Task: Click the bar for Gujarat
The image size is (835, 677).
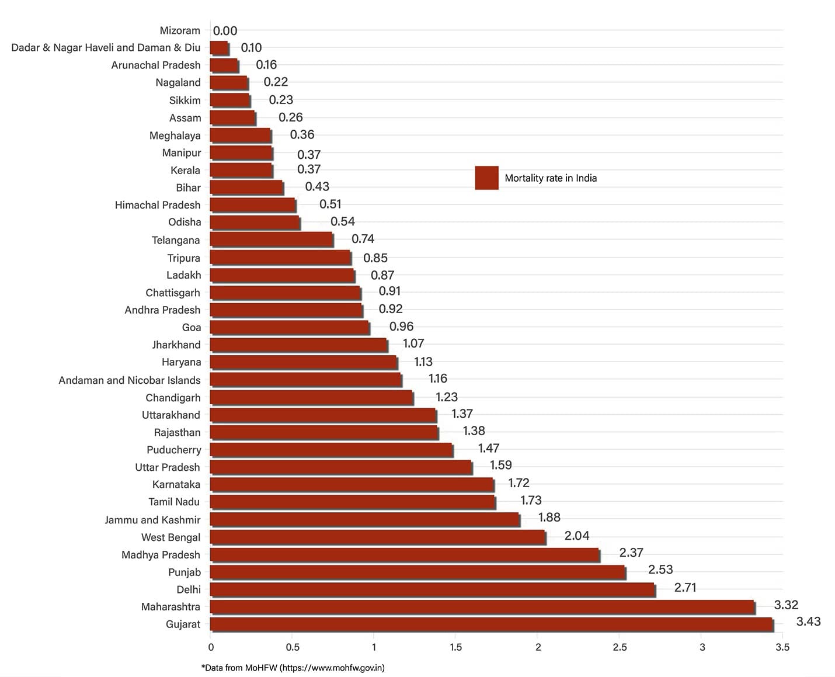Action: [x=491, y=624]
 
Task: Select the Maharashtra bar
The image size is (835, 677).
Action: [x=482, y=607]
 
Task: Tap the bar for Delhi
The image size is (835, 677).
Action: [x=432, y=589]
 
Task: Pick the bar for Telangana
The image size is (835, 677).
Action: [x=272, y=239]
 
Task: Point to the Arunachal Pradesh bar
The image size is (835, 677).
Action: [x=224, y=65]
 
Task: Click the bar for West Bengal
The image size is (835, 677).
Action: [x=378, y=537]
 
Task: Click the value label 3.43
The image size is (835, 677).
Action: [x=808, y=622]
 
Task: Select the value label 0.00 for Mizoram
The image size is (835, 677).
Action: [x=225, y=31]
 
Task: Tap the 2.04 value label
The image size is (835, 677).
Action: [x=576, y=536]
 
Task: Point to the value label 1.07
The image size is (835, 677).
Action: [x=413, y=343]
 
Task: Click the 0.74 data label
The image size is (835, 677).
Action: [x=363, y=239]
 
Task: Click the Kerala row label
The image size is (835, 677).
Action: [x=185, y=170]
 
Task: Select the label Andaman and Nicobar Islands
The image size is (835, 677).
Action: [x=130, y=380]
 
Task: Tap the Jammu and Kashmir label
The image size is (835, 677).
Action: [x=152, y=520]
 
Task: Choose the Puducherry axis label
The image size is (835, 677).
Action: [x=173, y=450]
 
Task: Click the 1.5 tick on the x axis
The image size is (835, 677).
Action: [x=456, y=647]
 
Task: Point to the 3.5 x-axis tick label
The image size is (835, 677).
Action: [x=782, y=647]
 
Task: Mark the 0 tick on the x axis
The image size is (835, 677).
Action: [x=211, y=647]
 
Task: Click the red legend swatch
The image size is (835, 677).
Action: [x=486, y=178]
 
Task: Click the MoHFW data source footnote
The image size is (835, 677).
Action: [x=293, y=668]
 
